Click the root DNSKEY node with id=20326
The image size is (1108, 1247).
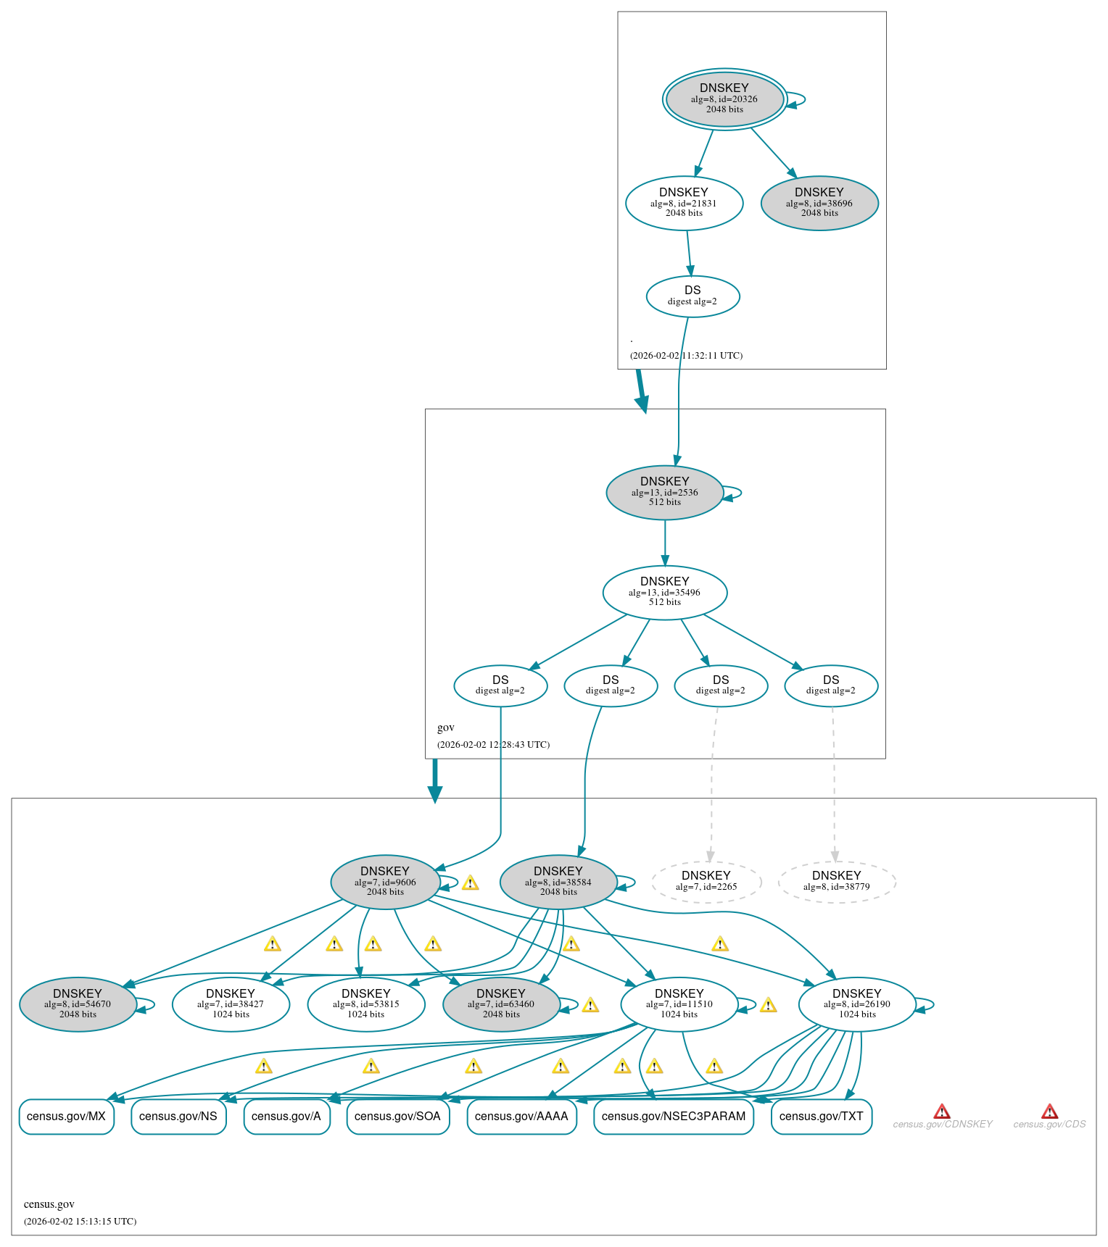pyautogui.click(x=724, y=99)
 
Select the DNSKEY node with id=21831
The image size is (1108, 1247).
pyautogui.click(x=684, y=203)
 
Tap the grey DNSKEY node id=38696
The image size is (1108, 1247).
pyautogui.click(x=819, y=203)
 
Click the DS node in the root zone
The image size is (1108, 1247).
pyautogui.click(x=692, y=296)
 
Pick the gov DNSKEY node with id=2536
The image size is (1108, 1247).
pyautogui.click(x=664, y=492)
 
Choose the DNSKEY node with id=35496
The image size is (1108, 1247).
pyautogui.click(x=664, y=592)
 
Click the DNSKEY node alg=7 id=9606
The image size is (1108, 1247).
pyautogui.click(x=385, y=882)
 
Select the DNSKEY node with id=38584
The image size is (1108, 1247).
pyautogui.click(x=558, y=882)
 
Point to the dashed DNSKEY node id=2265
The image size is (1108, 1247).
pyautogui.click(x=706, y=882)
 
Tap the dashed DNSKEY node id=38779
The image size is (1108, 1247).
pyautogui.click(x=837, y=882)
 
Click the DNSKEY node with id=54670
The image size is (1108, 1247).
pyautogui.click(x=78, y=1004)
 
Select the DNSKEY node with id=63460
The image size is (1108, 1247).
pyautogui.click(x=501, y=1004)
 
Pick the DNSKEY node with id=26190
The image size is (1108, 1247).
pyautogui.click(x=857, y=1004)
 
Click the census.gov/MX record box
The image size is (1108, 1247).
pyautogui.click(x=66, y=1117)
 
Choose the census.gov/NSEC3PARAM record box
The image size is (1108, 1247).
pyautogui.click(x=674, y=1117)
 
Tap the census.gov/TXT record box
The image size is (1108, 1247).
pyautogui.click(x=821, y=1117)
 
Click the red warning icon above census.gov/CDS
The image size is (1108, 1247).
pyautogui.click(x=1049, y=1112)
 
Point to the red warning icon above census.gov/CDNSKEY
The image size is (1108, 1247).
pyautogui.click(x=942, y=1112)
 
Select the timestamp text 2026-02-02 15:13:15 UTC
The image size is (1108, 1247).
pyautogui.click(x=80, y=1222)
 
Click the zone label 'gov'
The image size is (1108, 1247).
pyautogui.click(x=446, y=727)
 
